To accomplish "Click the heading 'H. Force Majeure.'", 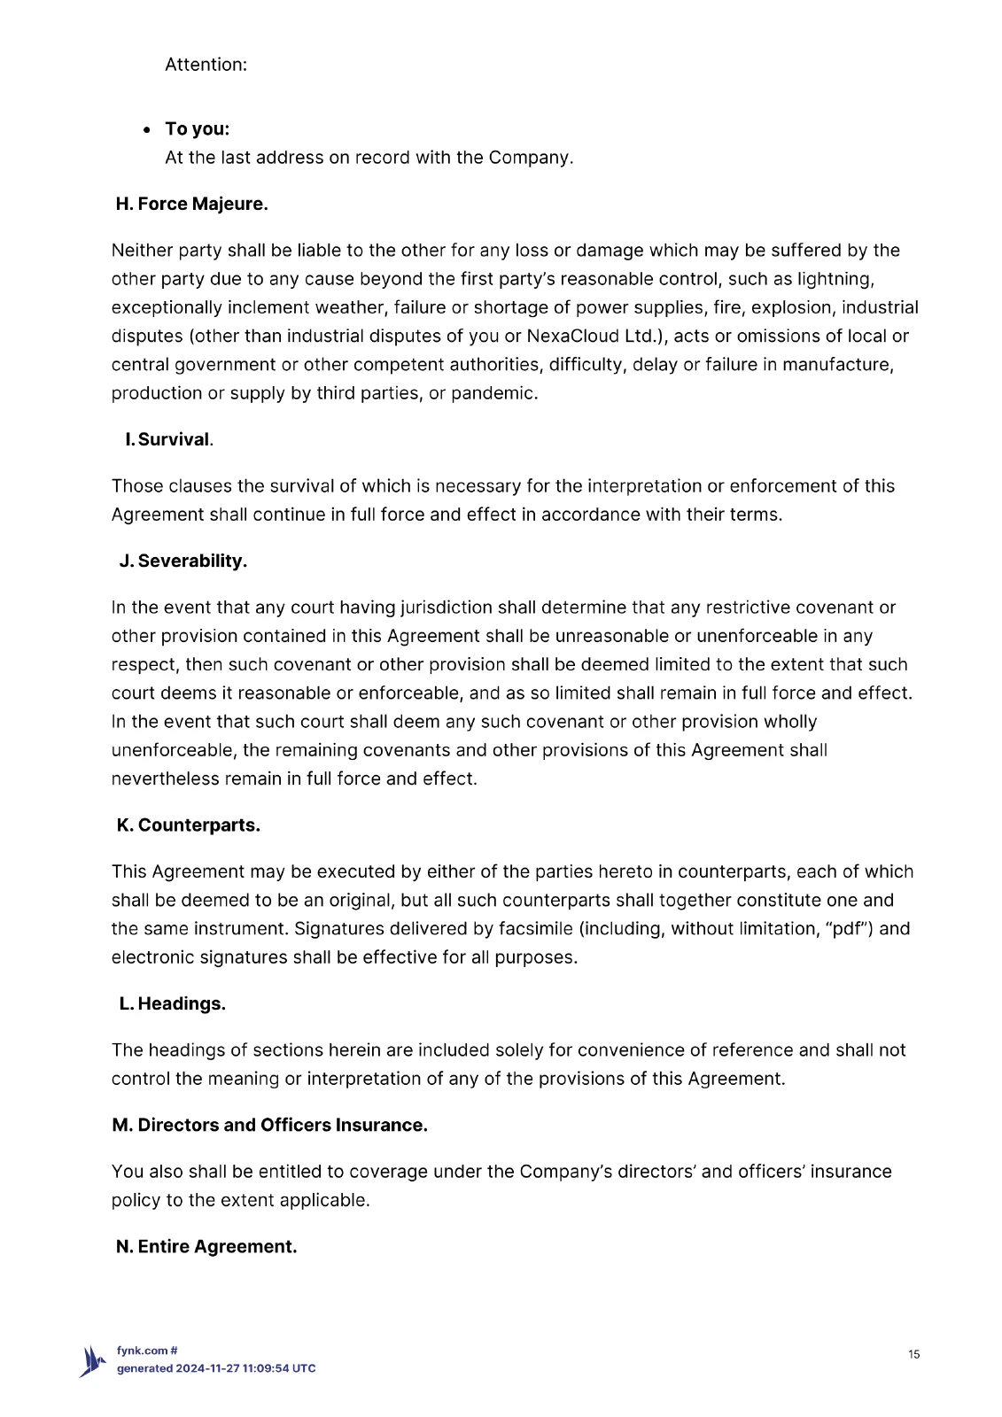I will coord(191,204).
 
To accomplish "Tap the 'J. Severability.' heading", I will coord(183,561).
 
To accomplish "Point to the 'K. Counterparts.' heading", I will coord(188,825).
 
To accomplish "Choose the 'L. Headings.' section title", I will coord(172,1003).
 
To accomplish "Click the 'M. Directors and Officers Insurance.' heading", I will coord(269,1125).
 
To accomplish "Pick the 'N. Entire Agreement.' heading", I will coord(206,1246).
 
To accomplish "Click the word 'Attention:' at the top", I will coord(206,65).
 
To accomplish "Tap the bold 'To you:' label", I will coord(197,128).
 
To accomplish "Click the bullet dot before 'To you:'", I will coord(147,130).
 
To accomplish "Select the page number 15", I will coord(913,1353).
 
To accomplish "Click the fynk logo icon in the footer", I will coord(92,1360).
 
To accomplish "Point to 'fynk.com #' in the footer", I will coord(147,1351).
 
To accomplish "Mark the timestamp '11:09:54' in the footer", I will coord(266,1368).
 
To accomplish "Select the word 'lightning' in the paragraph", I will coord(835,279).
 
